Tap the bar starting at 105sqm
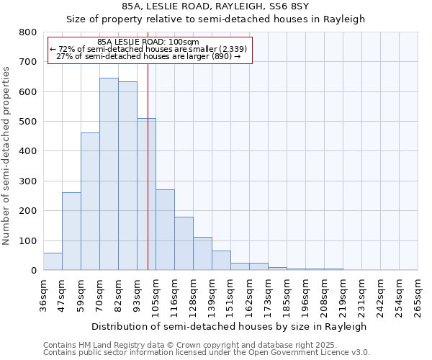(x=165, y=230)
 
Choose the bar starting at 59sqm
(x=90, y=202)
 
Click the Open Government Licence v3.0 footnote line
(x=207, y=353)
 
